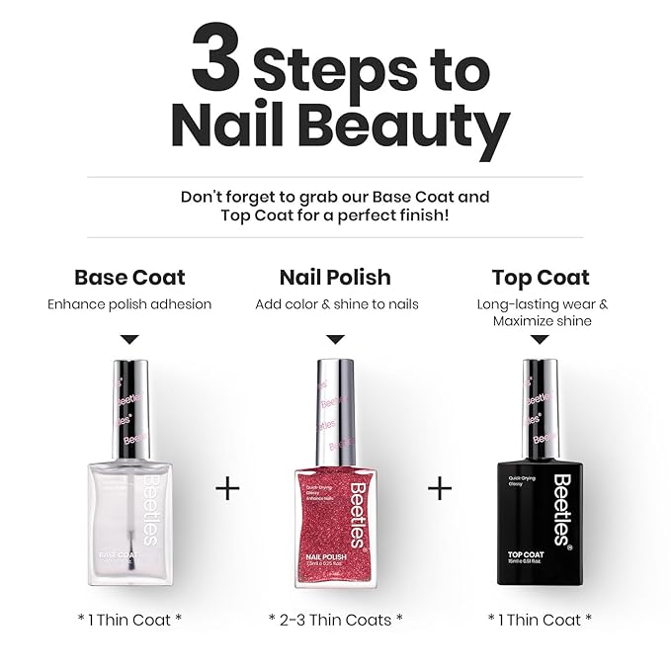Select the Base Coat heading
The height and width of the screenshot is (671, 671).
[129, 277]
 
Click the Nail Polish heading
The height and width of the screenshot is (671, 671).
[335, 277]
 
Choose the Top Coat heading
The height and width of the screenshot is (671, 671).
[542, 277]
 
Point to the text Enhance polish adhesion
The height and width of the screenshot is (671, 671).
[129, 304]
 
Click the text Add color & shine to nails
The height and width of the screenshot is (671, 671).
[336, 304]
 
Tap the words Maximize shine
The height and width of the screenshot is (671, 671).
[542, 321]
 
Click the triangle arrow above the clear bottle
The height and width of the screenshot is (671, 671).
[129, 339]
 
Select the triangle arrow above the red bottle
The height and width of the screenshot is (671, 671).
[335, 339]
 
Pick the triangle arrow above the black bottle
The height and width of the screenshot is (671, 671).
[540, 340]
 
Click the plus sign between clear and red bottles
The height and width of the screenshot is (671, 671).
[227, 488]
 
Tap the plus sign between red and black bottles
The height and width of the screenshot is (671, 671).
[440, 488]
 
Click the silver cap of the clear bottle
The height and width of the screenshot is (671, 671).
[129, 406]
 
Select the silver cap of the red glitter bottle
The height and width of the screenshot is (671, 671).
[336, 406]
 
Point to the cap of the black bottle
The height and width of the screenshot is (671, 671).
[540, 406]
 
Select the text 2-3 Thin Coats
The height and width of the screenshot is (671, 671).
[336, 620]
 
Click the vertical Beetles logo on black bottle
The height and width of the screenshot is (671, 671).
[562, 508]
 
